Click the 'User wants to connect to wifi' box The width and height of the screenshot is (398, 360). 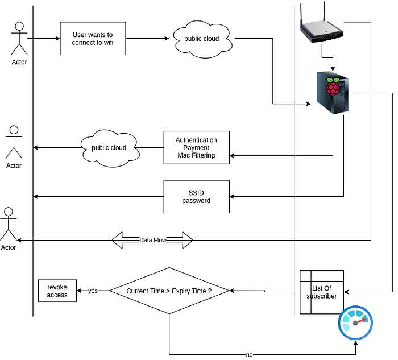(x=93, y=39)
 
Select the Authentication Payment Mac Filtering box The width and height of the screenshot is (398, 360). (x=196, y=148)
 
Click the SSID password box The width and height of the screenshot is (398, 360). (x=196, y=197)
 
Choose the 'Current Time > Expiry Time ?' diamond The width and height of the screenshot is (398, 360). (x=169, y=291)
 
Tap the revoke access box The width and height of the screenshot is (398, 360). (x=57, y=291)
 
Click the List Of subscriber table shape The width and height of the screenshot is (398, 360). (x=322, y=292)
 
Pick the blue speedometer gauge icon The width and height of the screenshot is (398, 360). (x=355, y=322)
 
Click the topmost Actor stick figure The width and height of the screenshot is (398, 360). (x=19, y=39)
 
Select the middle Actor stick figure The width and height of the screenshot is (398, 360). (x=14, y=143)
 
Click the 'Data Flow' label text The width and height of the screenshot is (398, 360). (x=152, y=241)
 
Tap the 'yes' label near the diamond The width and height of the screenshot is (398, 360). (x=93, y=291)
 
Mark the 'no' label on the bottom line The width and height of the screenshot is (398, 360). (x=249, y=355)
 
